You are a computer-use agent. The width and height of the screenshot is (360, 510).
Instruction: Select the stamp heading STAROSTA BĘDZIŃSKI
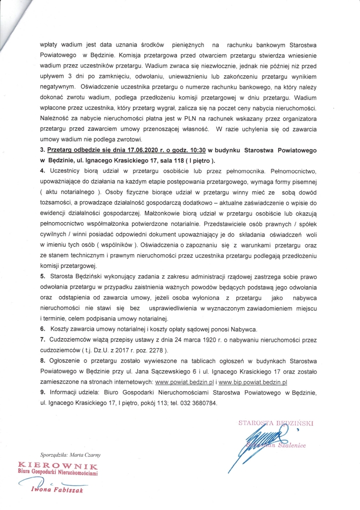click(x=275, y=423)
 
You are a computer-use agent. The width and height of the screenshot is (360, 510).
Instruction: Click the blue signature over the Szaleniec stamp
click(x=255, y=442)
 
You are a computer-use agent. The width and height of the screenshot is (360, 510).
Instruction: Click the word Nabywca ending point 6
click(x=242, y=330)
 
